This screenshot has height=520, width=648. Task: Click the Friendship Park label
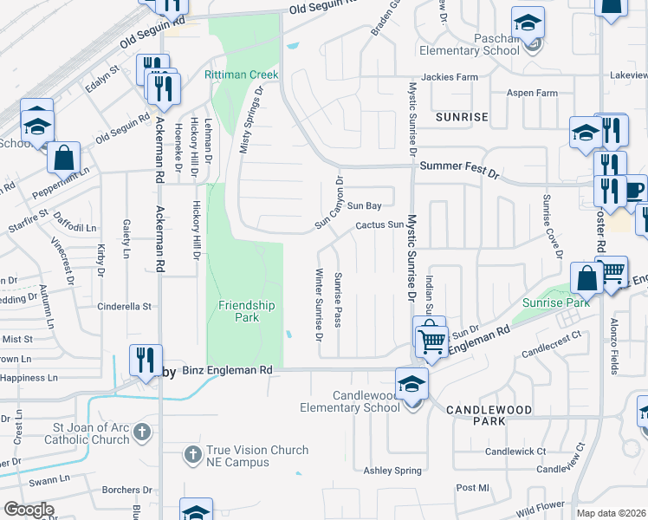pyautogui.click(x=246, y=311)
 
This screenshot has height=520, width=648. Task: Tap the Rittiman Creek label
pyautogui.click(x=241, y=75)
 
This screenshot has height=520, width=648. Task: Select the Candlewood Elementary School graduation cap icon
pyautogui.click(x=412, y=382)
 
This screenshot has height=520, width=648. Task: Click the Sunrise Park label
pyautogui.click(x=556, y=303)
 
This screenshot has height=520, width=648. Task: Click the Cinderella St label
pyautogui.click(x=124, y=306)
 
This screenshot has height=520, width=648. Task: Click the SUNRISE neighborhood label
pyautogui.click(x=462, y=116)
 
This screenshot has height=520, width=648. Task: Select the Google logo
pyautogui.click(x=29, y=510)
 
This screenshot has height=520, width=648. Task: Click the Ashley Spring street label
pyautogui.click(x=392, y=471)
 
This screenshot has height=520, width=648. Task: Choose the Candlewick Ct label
pyautogui.click(x=515, y=452)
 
